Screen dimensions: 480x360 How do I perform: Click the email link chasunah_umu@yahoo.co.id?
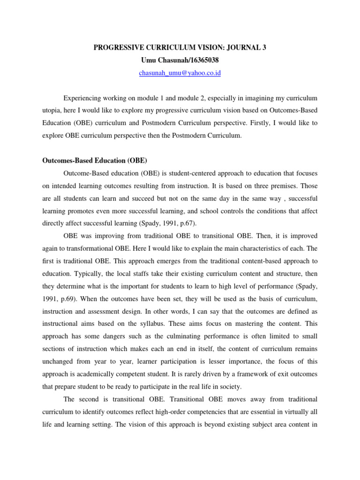tap(180, 73)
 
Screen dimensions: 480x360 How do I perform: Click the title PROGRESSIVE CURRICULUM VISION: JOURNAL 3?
tap(180, 47)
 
